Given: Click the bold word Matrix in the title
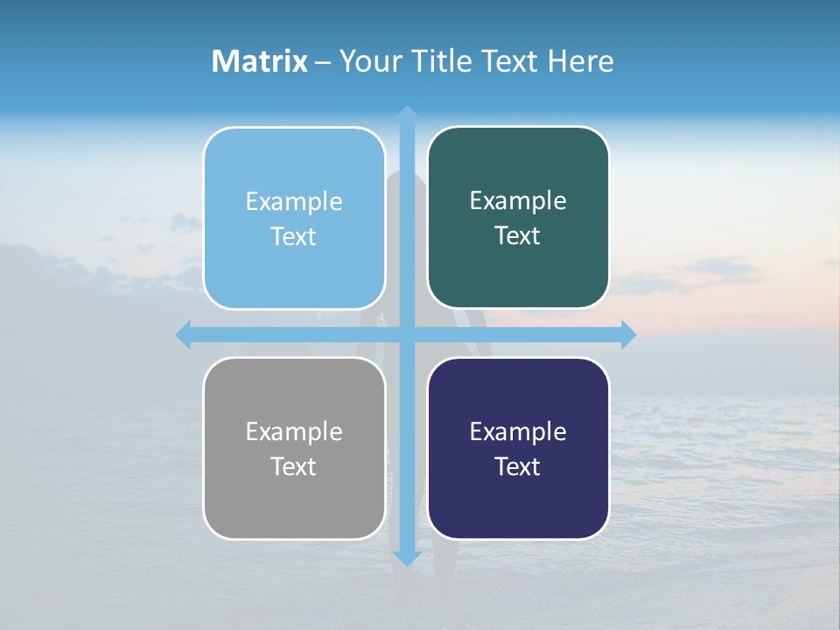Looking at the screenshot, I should coord(260,61).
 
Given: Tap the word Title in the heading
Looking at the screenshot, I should coord(442,61).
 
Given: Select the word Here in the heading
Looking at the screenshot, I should coord(580,61).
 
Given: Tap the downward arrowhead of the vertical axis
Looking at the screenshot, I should coord(406,559).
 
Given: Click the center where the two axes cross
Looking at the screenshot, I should coord(406,334).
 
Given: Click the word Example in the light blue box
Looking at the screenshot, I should coord(294,201).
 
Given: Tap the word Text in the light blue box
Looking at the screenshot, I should coord(294,236).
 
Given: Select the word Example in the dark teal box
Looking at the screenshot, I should coord(518,200).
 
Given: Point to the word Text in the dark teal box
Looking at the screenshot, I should coord(518,235).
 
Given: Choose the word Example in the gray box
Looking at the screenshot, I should coord(294,431).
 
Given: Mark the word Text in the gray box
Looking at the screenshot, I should coord(294,466).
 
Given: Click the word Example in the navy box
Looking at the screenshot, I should coord(518,431).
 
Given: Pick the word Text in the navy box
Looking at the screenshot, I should coord(518,466).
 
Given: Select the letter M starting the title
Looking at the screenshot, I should coord(223,61).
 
